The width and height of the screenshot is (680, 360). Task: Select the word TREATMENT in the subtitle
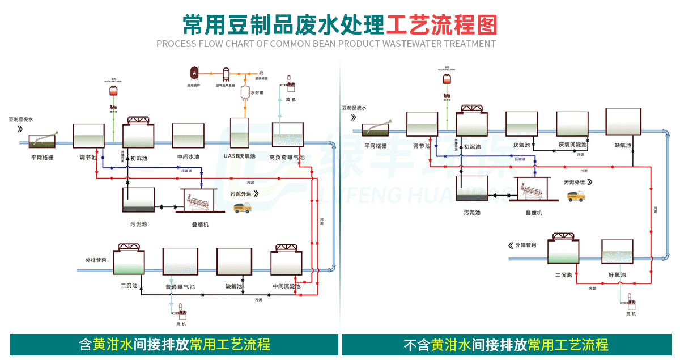470,44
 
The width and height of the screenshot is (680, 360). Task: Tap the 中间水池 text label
188,157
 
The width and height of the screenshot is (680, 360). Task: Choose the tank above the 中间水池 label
188,136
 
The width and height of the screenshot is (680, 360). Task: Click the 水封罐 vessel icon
246,91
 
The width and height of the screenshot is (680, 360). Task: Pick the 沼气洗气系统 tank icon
226,73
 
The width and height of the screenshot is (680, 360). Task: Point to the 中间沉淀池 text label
286,286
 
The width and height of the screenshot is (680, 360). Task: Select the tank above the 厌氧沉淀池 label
572,124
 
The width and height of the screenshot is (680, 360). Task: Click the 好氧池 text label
617,275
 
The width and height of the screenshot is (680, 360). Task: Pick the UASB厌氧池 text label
240,156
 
